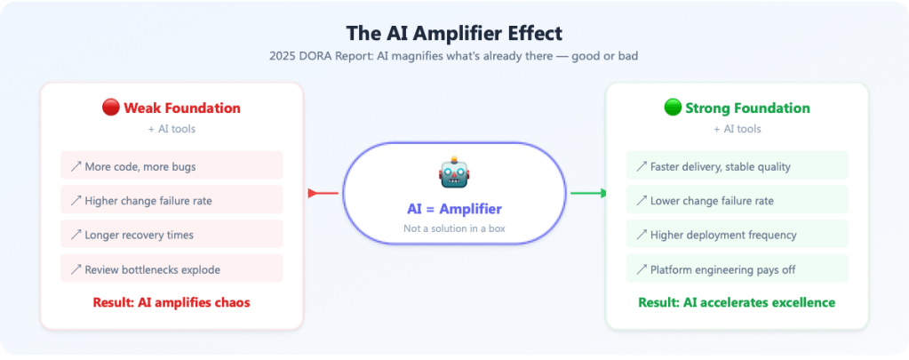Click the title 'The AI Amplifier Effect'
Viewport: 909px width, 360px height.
coord(454,33)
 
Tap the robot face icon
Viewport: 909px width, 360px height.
coord(453,172)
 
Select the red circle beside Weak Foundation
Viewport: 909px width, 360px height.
coord(111,108)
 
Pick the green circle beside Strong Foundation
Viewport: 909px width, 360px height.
coord(673,108)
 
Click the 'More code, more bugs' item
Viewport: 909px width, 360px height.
coord(171,166)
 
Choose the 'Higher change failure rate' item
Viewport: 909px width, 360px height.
coord(171,200)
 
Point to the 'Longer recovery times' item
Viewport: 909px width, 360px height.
coord(171,235)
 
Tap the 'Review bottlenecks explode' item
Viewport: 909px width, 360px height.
coord(171,268)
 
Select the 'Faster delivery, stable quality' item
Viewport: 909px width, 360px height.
coord(737,166)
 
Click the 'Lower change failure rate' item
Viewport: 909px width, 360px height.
coord(737,200)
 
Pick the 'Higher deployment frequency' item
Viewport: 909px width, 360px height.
coord(737,235)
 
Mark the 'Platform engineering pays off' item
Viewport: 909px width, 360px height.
coord(737,268)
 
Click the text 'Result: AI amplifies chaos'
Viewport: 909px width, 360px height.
coord(171,302)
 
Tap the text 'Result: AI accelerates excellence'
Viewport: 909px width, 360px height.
coord(737,302)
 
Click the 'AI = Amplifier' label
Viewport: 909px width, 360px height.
coord(454,209)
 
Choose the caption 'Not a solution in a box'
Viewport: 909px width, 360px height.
coord(454,228)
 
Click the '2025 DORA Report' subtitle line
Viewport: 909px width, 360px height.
coord(454,55)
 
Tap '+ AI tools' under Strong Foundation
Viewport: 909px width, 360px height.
coord(737,129)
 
